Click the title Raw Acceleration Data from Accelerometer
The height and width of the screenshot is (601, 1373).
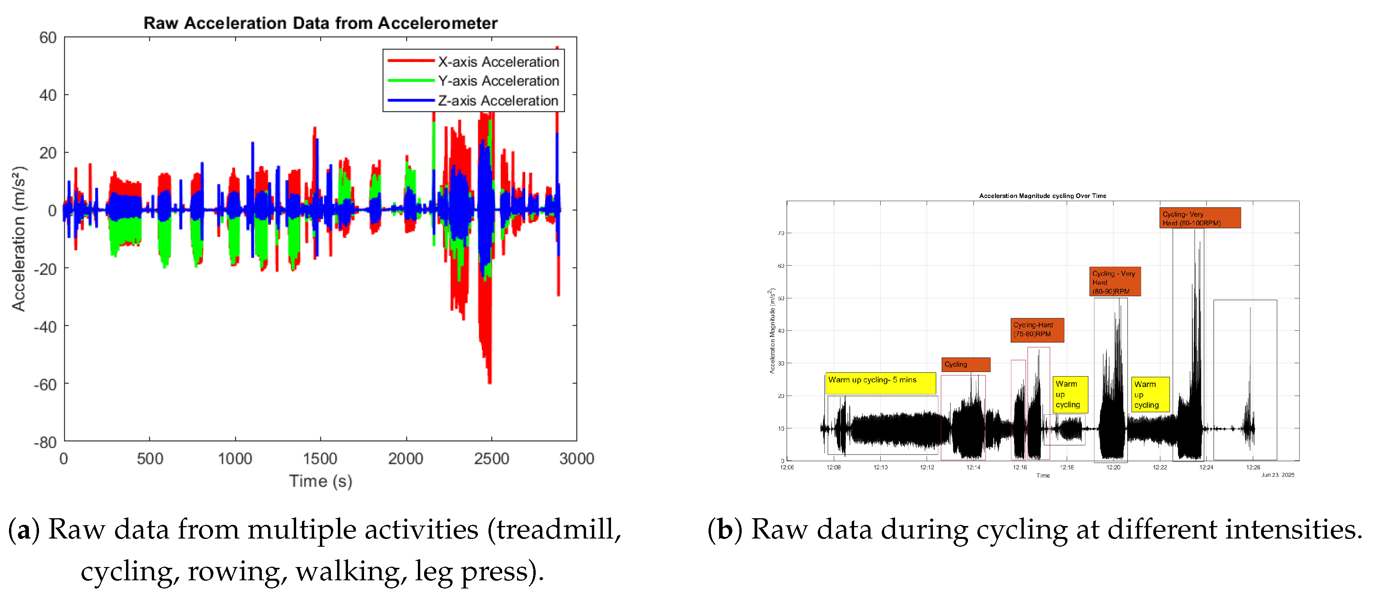(x=320, y=23)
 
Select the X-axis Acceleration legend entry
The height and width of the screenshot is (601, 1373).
(x=498, y=62)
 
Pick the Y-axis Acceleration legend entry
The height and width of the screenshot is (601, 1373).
(x=498, y=81)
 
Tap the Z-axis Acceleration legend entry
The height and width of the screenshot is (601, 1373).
(x=497, y=101)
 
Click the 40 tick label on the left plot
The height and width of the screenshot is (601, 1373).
(x=48, y=95)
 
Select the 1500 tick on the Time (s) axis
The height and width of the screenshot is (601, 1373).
(x=320, y=458)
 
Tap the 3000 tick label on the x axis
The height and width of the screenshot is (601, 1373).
(x=576, y=458)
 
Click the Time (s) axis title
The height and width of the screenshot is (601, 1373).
(x=320, y=481)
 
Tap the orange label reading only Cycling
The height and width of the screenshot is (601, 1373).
(x=965, y=365)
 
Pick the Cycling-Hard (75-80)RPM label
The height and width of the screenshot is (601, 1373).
(x=1037, y=330)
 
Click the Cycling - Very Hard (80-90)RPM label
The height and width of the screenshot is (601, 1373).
(x=1114, y=282)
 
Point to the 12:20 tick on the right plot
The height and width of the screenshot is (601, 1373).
(x=1113, y=467)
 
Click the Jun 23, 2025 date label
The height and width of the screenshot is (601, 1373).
(x=1277, y=474)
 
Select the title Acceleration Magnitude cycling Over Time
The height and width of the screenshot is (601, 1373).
(x=1042, y=196)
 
